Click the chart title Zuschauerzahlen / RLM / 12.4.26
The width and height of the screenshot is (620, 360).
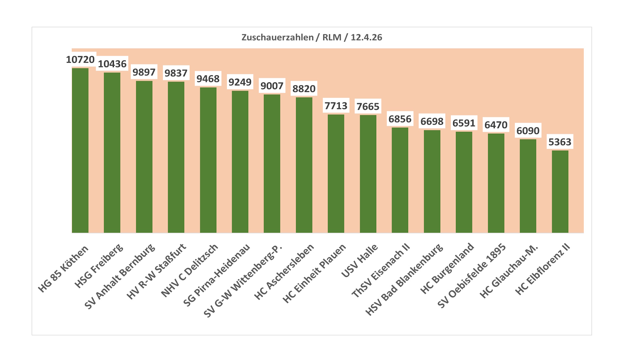(312, 37)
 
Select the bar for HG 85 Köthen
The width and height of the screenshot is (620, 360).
(80, 150)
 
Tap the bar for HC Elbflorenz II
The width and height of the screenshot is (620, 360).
(560, 191)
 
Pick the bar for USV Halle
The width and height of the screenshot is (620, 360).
(368, 174)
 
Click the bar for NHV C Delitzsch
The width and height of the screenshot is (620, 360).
(208, 160)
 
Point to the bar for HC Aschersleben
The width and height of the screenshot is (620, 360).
(304, 165)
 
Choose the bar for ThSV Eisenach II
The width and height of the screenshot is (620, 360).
(400, 180)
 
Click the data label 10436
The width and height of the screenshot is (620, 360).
(112, 64)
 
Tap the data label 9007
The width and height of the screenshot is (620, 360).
(272, 86)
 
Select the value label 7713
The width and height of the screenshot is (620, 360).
(336, 106)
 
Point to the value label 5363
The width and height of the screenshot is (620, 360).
(560, 142)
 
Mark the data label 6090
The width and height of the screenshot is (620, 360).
(528, 131)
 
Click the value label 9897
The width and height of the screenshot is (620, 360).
(144, 72)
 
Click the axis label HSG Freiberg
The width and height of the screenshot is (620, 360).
(99, 266)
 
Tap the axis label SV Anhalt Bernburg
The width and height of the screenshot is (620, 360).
(120, 276)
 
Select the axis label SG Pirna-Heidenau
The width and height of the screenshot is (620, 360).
(217, 275)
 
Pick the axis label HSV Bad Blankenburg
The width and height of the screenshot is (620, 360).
(404, 279)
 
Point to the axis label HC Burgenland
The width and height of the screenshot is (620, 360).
(447, 269)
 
